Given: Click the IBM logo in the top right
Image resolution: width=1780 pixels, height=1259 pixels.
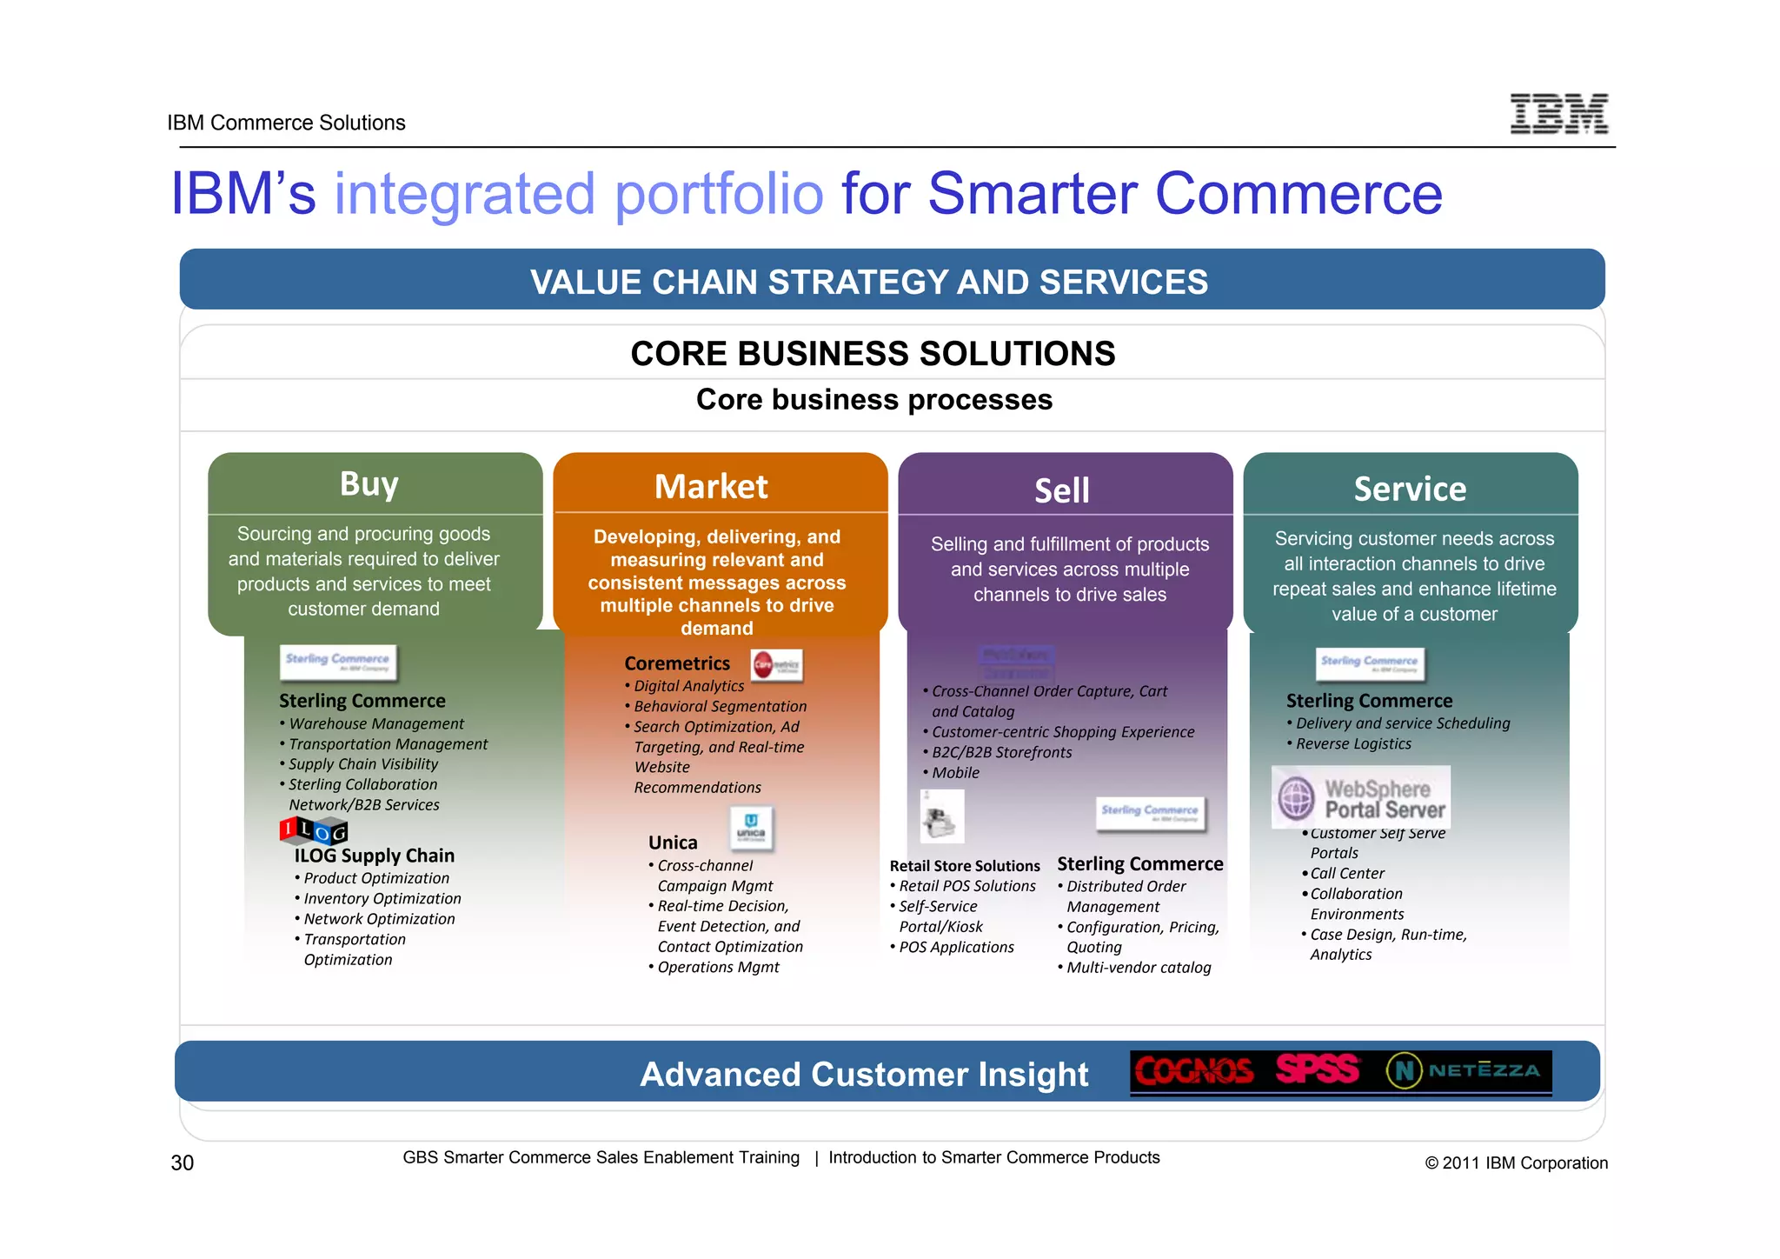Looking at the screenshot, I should [1558, 114].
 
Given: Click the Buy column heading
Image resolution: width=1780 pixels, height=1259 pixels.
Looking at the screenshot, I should [369, 483].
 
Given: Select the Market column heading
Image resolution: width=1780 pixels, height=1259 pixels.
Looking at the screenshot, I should [711, 487].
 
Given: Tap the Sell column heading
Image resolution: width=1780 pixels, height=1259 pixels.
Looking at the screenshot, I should [1061, 491].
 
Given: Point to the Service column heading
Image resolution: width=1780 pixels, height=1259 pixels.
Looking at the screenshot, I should [1410, 490].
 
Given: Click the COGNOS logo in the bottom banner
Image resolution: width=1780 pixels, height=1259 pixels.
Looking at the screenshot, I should [1194, 1071].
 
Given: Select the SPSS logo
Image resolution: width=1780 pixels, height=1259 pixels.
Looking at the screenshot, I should [1318, 1069].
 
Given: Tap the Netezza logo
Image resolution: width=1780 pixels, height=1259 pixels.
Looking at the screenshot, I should [1465, 1070].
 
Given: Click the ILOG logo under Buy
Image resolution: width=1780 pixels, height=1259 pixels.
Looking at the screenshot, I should [314, 830].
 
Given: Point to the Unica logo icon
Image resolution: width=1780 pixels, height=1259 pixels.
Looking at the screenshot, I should [751, 826].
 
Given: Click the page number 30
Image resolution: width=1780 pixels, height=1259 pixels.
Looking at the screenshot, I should [183, 1163].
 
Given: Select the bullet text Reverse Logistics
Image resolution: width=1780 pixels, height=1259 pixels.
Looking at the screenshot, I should [1353, 744].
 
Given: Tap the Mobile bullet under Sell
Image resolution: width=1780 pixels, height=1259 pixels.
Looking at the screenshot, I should [955, 773].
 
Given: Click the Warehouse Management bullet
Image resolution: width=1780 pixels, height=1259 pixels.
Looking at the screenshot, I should [376, 724].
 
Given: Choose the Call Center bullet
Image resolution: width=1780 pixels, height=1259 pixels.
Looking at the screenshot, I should [1347, 874].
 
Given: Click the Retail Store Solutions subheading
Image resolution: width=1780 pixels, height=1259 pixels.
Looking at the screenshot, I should [965, 866].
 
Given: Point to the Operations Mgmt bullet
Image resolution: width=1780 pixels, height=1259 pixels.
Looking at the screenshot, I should [718, 968].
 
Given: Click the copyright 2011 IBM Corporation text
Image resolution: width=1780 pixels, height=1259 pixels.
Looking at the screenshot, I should [1516, 1163].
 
